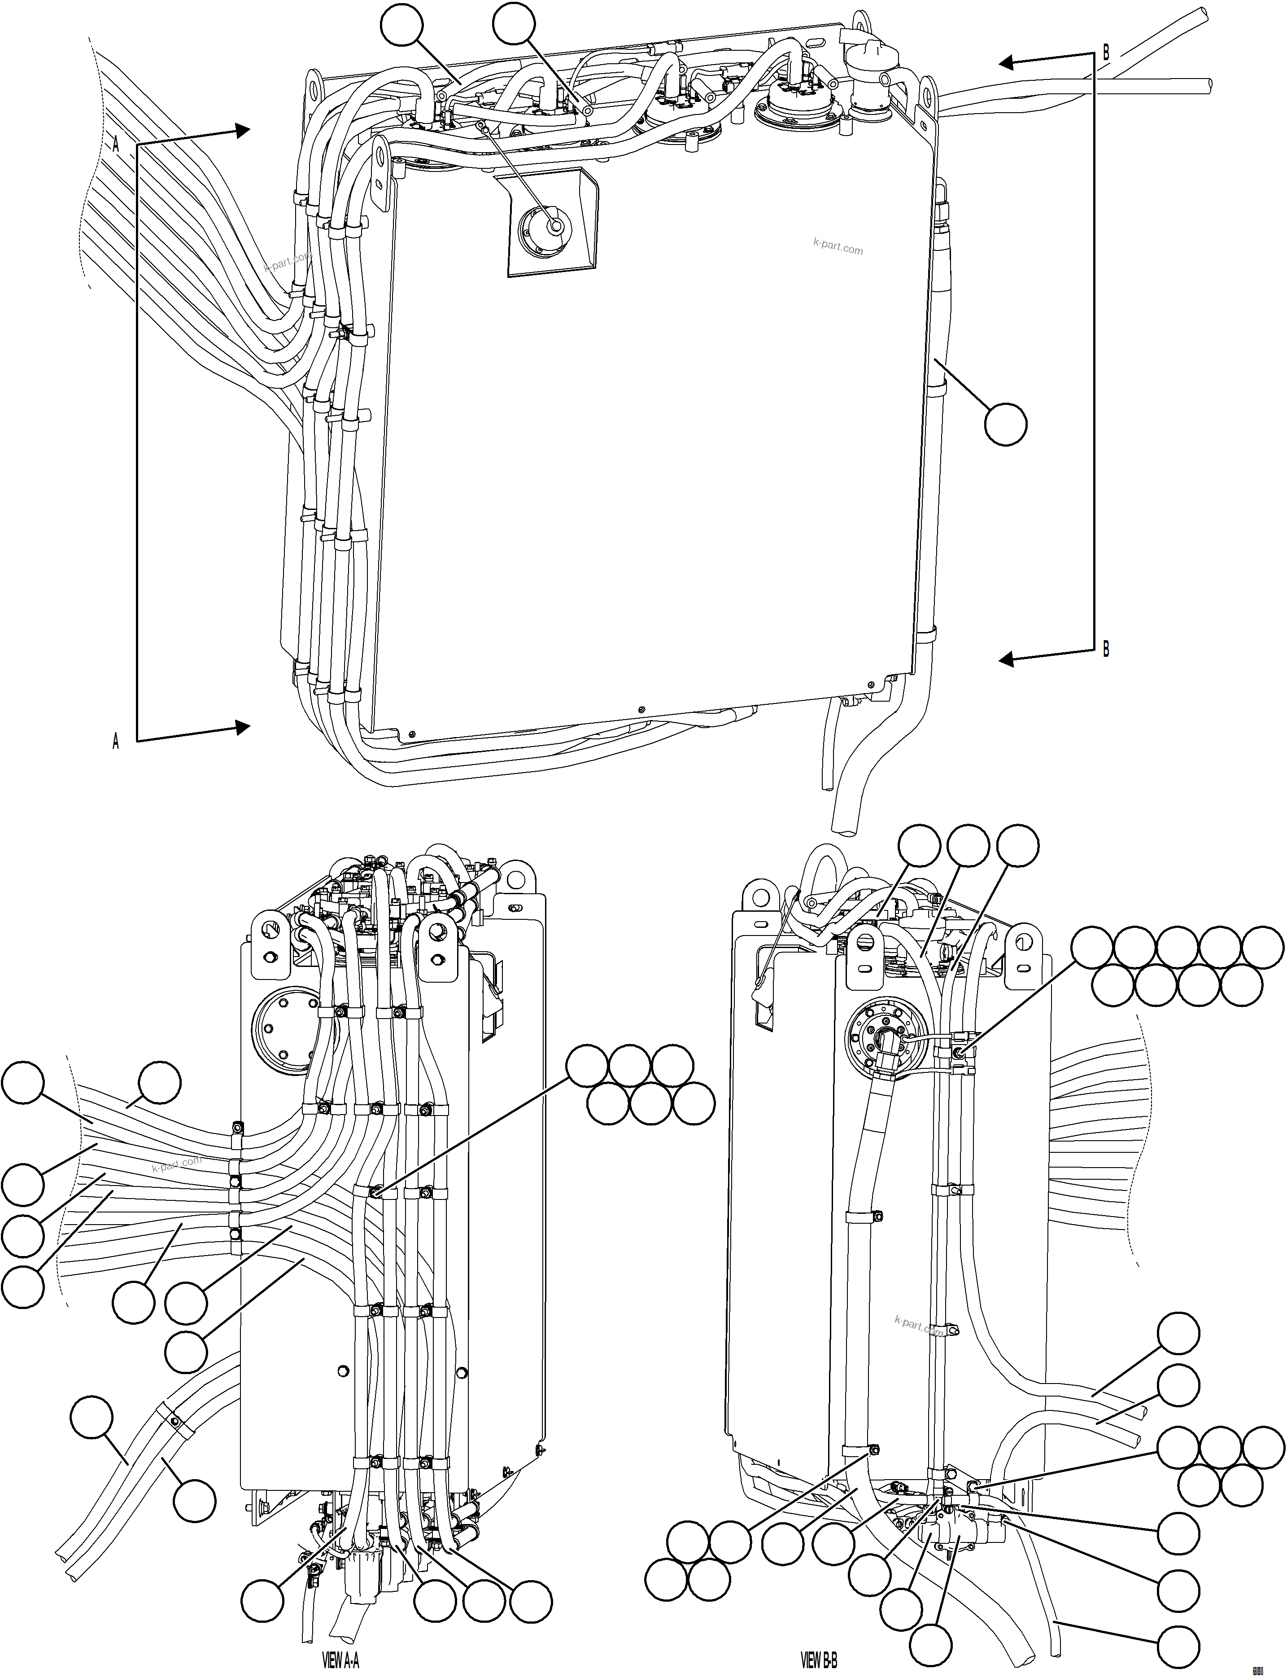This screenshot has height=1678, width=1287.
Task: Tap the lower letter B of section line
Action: pos(1105,649)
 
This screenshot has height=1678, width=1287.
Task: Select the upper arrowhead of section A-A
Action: pos(243,130)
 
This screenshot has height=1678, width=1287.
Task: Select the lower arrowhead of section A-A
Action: pos(243,727)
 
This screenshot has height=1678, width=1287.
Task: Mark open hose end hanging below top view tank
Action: pos(845,827)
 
